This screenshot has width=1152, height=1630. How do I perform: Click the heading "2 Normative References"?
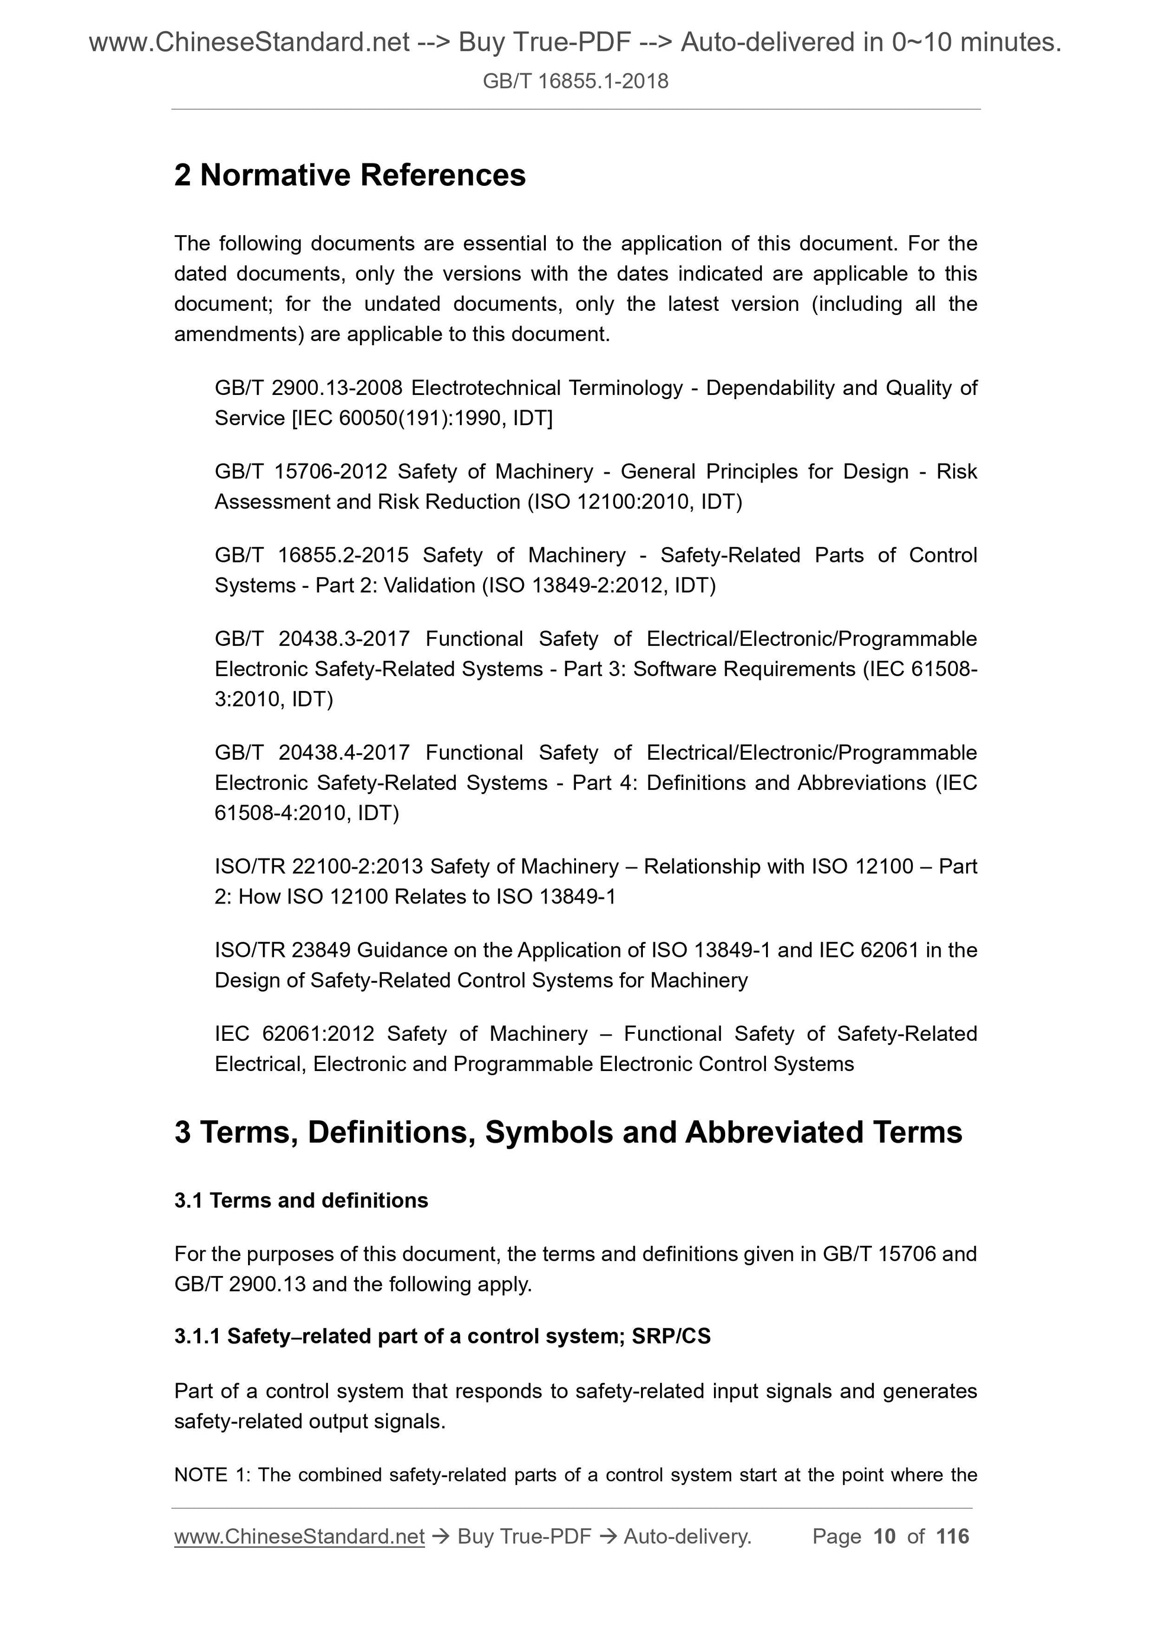(x=350, y=175)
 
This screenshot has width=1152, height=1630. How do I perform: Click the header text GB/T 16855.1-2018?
(x=575, y=81)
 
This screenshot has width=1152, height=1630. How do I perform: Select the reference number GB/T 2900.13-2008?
(x=309, y=388)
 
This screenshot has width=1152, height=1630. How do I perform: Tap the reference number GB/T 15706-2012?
(x=301, y=471)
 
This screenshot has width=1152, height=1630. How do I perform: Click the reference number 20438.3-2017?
(x=345, y=638)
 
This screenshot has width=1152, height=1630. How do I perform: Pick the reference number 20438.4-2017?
(x=345, y=752)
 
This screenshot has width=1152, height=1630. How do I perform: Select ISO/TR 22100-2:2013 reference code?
(x=318, y=866)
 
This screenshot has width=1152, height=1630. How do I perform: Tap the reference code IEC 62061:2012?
(x=295, y=1033)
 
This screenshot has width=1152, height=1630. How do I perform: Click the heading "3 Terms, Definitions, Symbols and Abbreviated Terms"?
(x=568, y=1131)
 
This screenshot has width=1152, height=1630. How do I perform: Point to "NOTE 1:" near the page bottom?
(x=211, y=1474)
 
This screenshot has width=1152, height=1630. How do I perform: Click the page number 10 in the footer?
(x=884, y=1536)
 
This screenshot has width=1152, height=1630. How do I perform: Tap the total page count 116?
(x=952, y=1536)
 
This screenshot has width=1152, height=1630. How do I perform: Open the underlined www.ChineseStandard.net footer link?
(x=299, y=1536)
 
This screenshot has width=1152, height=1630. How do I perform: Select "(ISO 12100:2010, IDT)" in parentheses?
(x=635, y=502)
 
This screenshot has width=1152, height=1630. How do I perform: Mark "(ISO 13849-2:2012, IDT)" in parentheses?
(x=598, y=585)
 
